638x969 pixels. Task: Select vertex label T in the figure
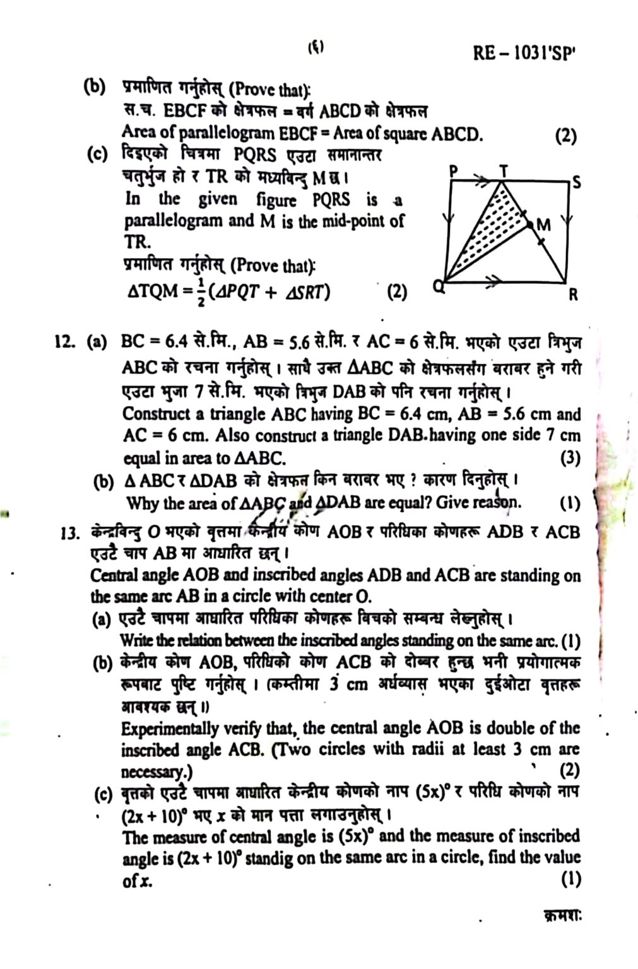[x=504, y=170]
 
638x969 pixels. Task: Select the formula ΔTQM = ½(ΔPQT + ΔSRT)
[x=229, y=291]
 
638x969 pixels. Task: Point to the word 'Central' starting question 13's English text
[x=115, y=576]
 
